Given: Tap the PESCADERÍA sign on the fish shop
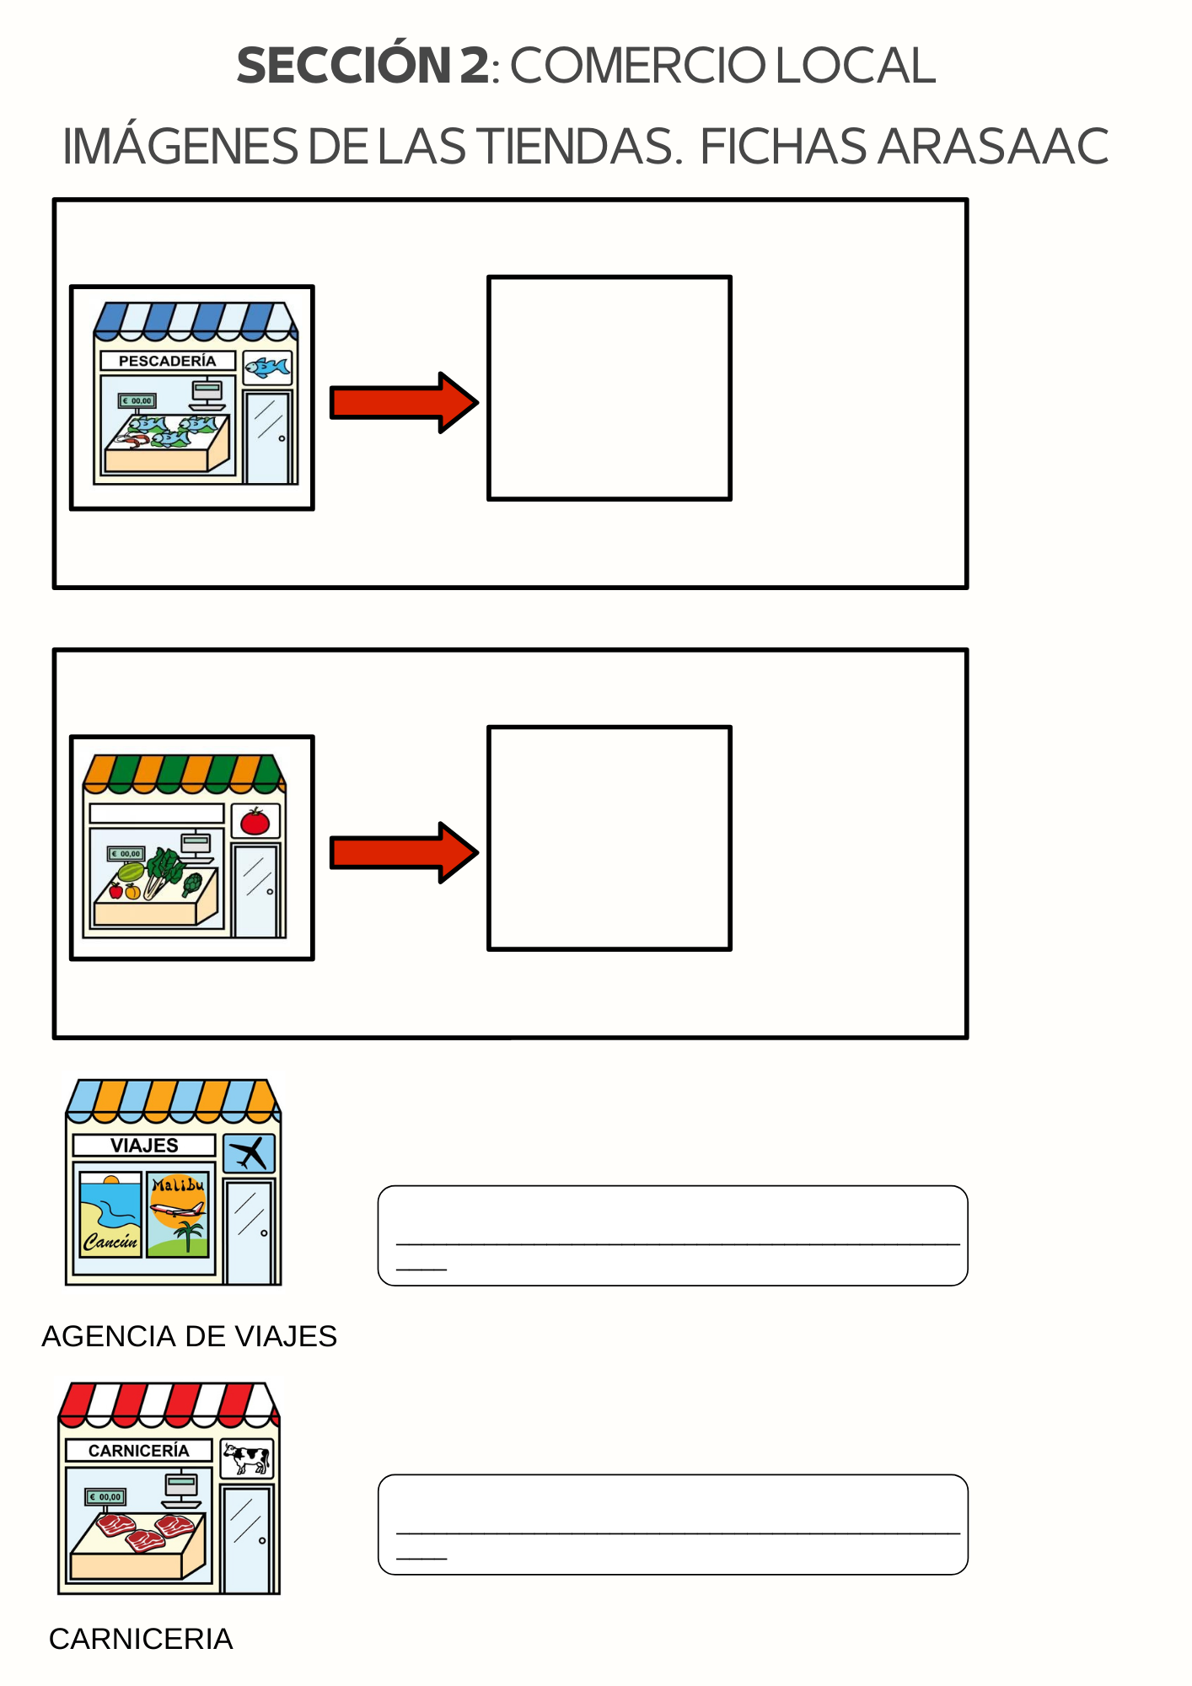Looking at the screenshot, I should [x=167, y=361].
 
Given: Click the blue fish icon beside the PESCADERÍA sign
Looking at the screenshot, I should [x=267, y=368].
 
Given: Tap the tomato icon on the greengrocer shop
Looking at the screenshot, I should [x=255, y=820].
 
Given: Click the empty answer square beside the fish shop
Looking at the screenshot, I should [x=609, y=388].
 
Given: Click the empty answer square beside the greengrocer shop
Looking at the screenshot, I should [x=609, y=838].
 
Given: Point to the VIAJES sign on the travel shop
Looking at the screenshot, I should [x=144, y=1145].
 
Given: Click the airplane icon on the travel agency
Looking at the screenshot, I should [x=249, y=1153].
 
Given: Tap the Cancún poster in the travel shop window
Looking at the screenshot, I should [x=110, y=1215].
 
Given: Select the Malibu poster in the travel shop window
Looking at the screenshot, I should [x=178, y=1214].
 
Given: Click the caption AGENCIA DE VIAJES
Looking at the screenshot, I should [x=189, y=1336].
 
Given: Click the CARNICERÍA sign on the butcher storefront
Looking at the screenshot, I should [x=139, y=1450].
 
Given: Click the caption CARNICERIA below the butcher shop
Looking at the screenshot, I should [x=141, y=1639].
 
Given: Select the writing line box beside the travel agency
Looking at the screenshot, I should [x=672, y=1235].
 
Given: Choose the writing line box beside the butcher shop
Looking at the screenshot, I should [x=672, y=1524].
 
